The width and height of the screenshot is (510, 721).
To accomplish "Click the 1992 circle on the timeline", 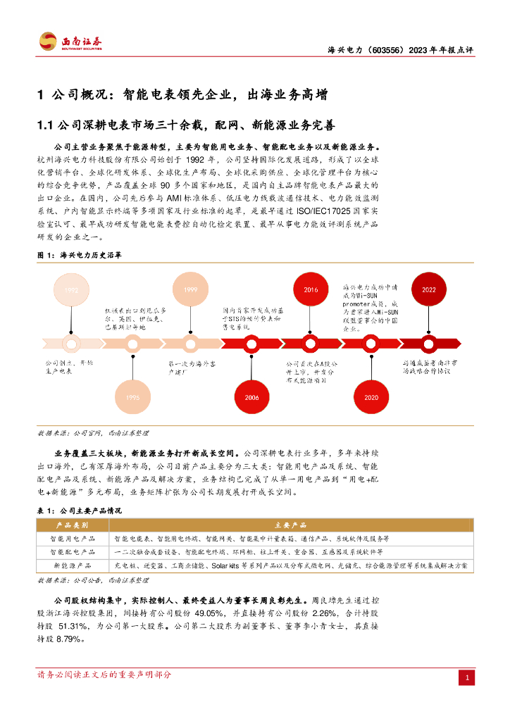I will pos(72,290).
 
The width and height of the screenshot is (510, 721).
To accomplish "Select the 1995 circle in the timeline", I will pos(132,397).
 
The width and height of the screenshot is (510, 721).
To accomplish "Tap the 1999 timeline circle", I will pos(190,290).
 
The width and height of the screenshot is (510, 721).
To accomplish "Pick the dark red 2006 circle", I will pos(251,397).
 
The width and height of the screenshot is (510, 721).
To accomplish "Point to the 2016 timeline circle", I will pos(311,290).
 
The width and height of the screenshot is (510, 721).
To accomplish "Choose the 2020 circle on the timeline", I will pos(371,397).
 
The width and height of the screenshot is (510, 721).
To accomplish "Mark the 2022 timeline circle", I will pos(429,289).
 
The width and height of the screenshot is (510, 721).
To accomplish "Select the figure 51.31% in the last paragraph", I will pos(75,626).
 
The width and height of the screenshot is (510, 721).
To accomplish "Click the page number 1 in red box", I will pos(466,677).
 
